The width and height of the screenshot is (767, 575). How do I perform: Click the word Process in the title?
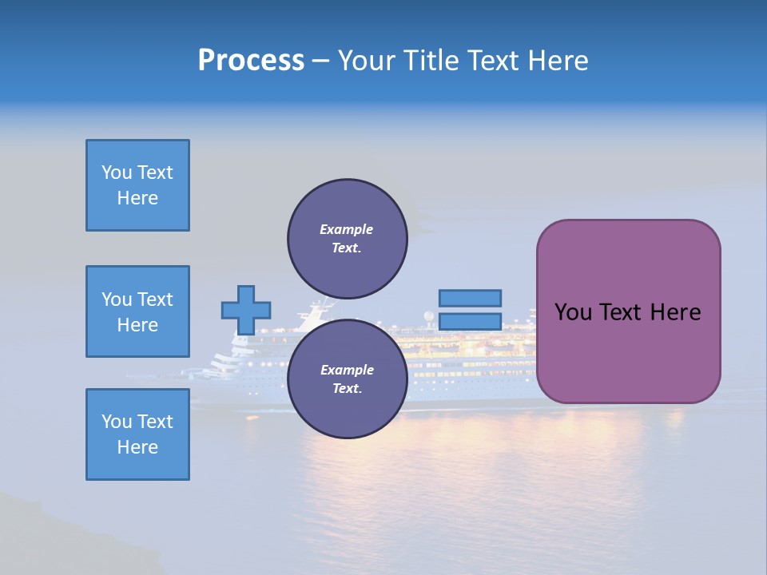pos(251,61)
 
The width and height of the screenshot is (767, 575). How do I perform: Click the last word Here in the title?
pos(557,61)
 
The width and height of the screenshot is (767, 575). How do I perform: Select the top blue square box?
pos(137,185)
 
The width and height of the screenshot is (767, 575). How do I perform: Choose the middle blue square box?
pos(137,311)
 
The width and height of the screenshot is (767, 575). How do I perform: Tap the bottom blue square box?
pos(137,434)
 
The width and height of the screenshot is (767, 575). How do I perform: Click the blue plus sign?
pos(246,310)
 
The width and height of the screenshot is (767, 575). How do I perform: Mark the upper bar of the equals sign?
pos(470,298)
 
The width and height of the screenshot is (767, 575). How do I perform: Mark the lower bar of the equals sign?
pos(470,321)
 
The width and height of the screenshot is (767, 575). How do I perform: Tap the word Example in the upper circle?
pos(347,229)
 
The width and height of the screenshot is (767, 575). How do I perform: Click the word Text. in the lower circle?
pos(347,389)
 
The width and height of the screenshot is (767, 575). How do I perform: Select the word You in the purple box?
pos(573,312)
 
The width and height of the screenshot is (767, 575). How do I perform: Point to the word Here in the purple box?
pos(675,312)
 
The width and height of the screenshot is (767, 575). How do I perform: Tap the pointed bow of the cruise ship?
pos(185,371)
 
